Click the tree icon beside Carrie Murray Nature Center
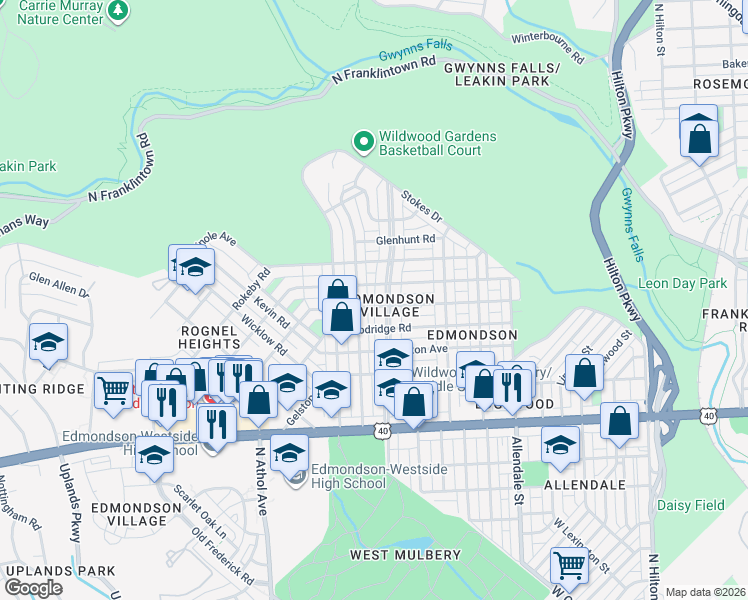pyautogui.click(x=119, y=10)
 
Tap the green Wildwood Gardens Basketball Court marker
pyautogui.click(x=364, y=143)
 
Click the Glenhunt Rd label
pyautogui.click(x=405, y=240)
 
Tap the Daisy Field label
pyautogui.click(x=690, y=505)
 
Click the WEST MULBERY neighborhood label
pyautogui.click(x=405, y=554)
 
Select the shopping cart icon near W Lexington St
pyautogui.click(x=569, y=564)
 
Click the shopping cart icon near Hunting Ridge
pyautogui.click(x=114, y=388)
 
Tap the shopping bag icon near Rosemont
pyautogui.click(x=699, y=137)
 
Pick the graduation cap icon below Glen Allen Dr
pyautogui.click(x=49, y=343)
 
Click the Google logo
pyautogui.click(x=33, y=587)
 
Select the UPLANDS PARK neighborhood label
pyautogui.click(x=46, y=570)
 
